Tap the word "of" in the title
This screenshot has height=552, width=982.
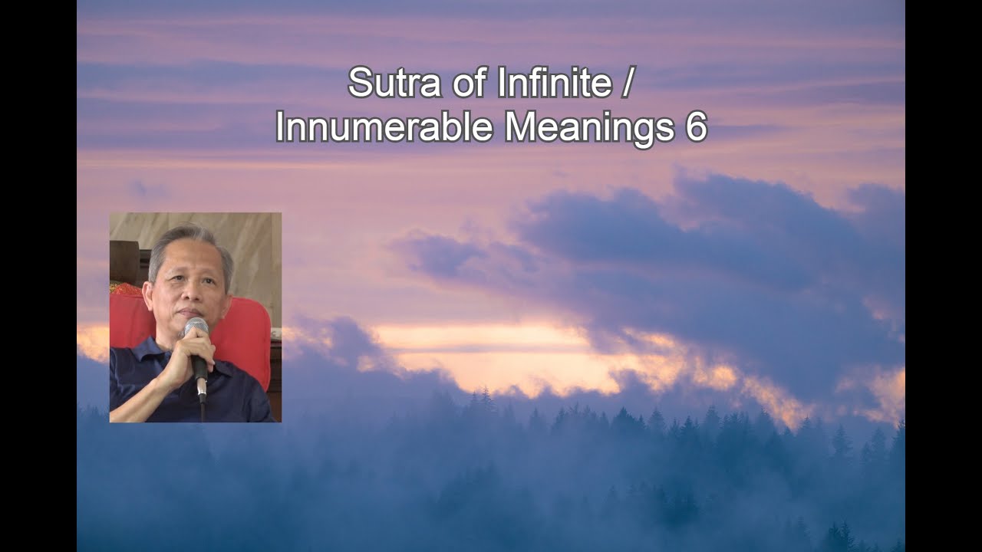(462, 83)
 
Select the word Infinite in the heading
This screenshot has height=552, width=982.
(554, 83)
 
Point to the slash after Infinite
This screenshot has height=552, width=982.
(628, 83)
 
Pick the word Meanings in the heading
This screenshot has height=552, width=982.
(584, 127)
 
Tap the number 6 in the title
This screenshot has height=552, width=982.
(695, 127)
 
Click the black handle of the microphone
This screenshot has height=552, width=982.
(199, 376)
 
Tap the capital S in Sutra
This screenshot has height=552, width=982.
(359, 83)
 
